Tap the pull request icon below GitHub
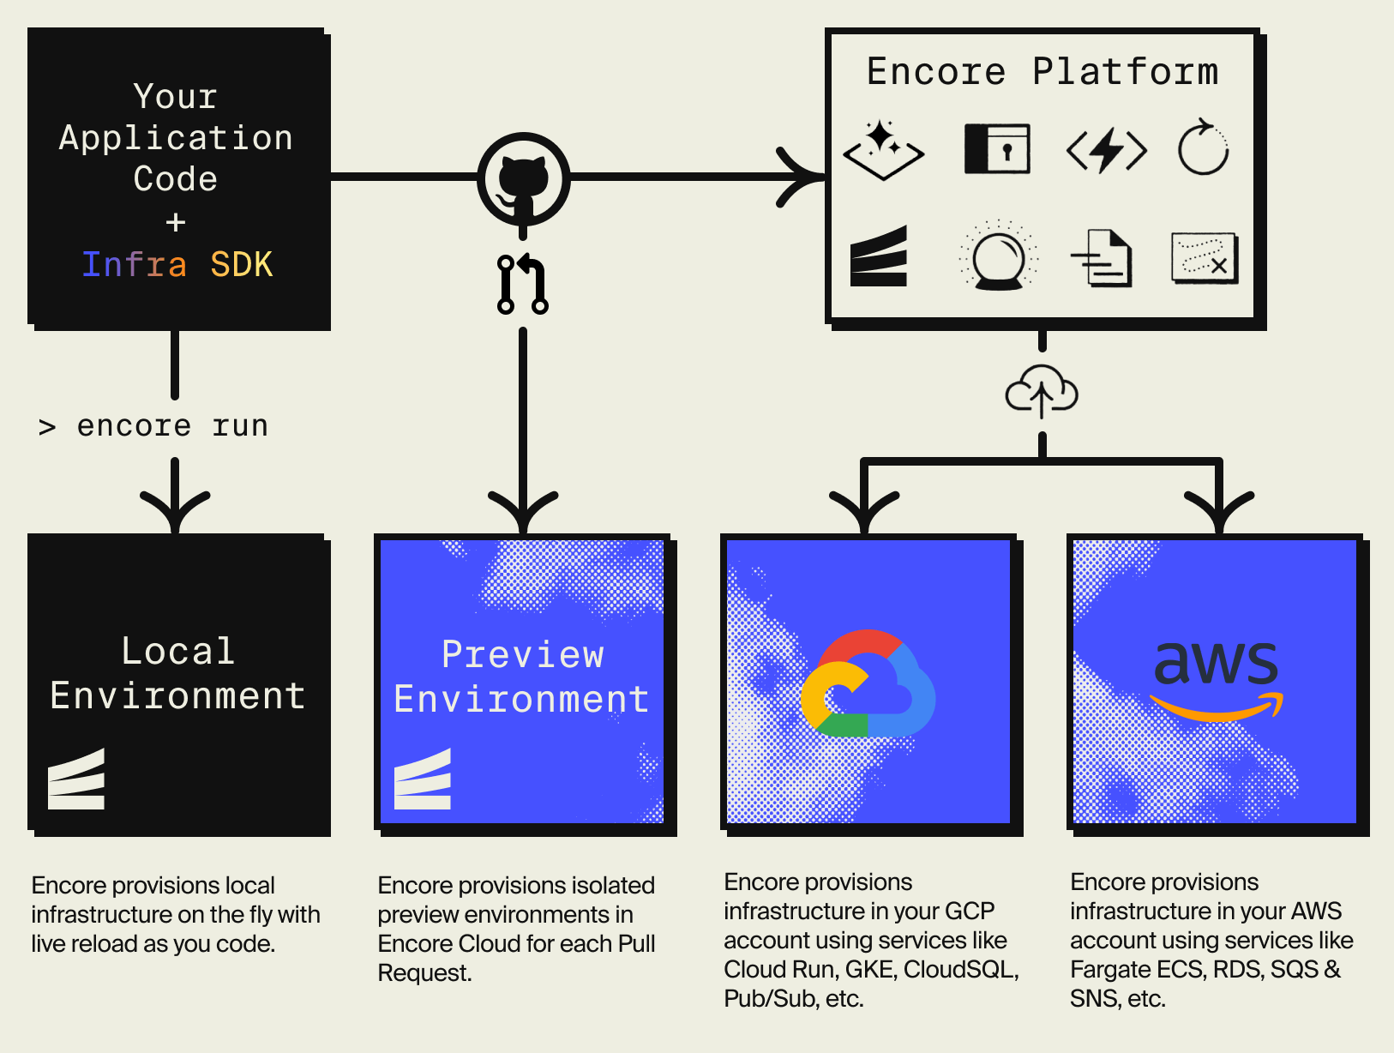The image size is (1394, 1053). point(523,284)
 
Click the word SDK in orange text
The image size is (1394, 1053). point(242,264)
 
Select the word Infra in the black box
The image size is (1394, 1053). point(135,264)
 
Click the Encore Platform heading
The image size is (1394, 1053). point(1042,71)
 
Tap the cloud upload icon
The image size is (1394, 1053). point(1041,392)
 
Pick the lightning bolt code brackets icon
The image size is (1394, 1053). point(1106,150)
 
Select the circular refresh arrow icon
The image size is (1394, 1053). point(1203,148)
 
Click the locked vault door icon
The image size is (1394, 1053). point(997,149)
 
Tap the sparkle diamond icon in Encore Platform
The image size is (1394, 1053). point(883,149)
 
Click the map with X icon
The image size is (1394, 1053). point(1205,257)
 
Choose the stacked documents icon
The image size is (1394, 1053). point(1103,257)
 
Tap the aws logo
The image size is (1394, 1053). point(1216,677)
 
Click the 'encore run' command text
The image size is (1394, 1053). point(171,426)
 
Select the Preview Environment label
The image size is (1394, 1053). point(521,677)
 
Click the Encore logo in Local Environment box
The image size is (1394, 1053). point(76,779)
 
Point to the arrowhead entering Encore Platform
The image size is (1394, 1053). point(806,178)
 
